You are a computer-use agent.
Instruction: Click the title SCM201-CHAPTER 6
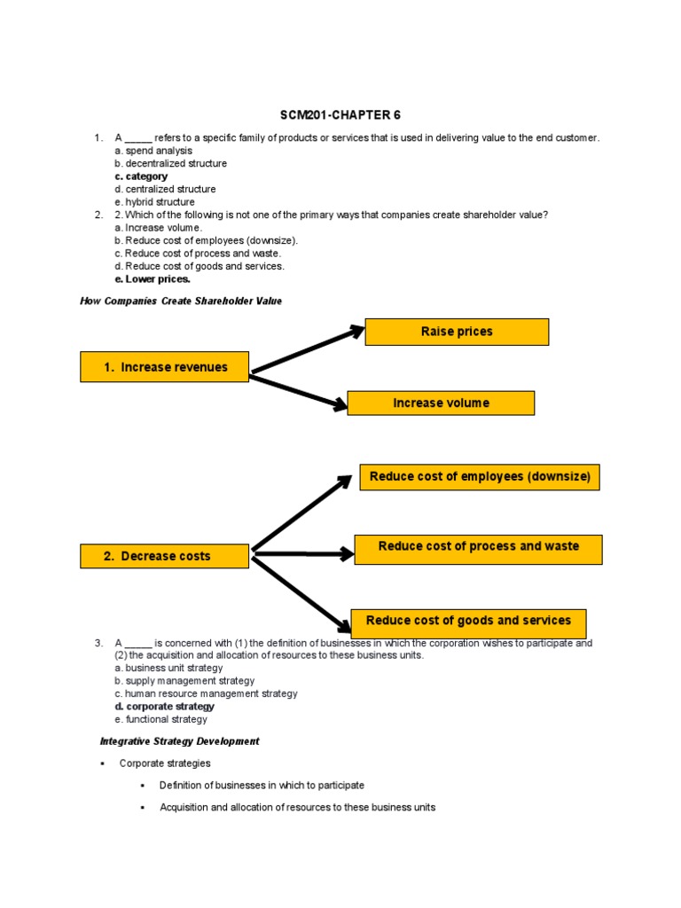pyautogui.click(x=341, y=115)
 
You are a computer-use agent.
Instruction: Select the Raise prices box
pyautogui.click(x=457, y=332)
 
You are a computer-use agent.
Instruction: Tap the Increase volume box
pyautogui.click(x=441, y=403)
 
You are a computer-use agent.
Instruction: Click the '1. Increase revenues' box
pyautogui.click(x=165, y=367)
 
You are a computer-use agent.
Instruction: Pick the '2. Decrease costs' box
pyautogui.click(x=164, y=556)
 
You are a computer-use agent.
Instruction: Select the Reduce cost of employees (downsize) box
pyautogui.click(x=480, y=477)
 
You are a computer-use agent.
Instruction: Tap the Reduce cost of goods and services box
pyautogui.click(x=468, y=621)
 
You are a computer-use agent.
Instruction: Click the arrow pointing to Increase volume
pyautogui.click(x=298, y=391)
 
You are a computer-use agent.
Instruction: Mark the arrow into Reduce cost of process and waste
pyautogui.click(x=303, y=555)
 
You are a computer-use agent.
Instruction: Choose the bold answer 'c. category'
pyautogui.click(x=141, y=176)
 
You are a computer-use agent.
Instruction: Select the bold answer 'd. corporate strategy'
pyautogui.click(x=164, y=707)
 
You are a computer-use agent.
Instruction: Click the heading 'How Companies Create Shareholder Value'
pyautogui.click(x=181, y=301)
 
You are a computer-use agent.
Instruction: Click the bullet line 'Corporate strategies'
pyautogui.click(x=165, y=763)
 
